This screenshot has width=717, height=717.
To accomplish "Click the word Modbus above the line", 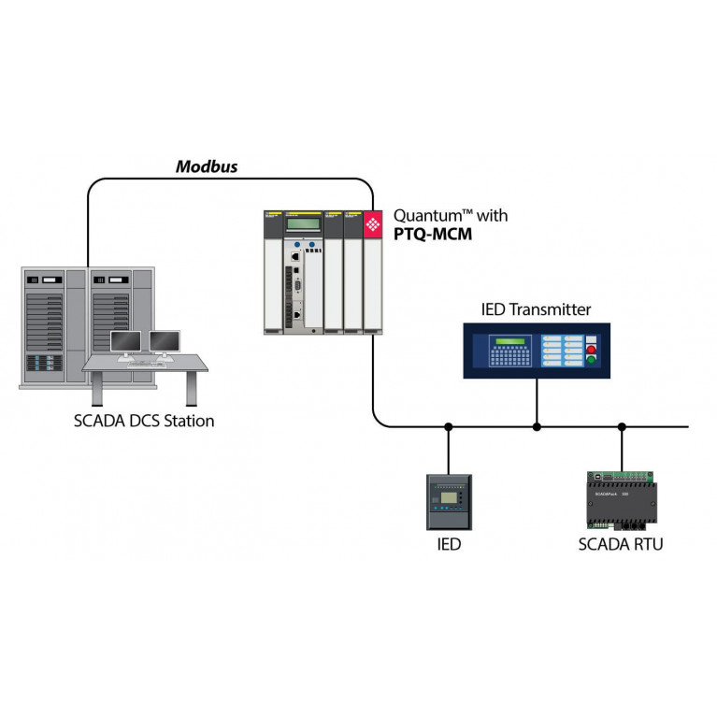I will pos(207,167).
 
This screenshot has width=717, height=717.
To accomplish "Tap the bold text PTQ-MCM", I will pos(433,235).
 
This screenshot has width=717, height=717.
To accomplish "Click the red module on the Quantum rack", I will pos(373,224).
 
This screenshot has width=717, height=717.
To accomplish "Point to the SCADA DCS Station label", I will pos(144,421).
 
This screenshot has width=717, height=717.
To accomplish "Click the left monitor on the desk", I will pos(125,342).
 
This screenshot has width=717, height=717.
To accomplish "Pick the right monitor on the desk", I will pos(165,342).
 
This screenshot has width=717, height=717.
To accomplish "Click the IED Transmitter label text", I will pos(536,309).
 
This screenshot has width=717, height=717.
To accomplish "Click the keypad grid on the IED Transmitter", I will pos(510,356).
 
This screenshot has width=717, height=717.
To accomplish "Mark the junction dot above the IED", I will pos(449,427).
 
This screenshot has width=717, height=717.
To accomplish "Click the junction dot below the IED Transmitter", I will pos(537,427).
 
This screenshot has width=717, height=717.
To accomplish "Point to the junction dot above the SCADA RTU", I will pos(621,427).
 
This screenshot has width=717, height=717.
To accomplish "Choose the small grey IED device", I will pos(449,503).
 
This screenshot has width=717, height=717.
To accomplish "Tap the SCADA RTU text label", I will pos(620,543).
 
